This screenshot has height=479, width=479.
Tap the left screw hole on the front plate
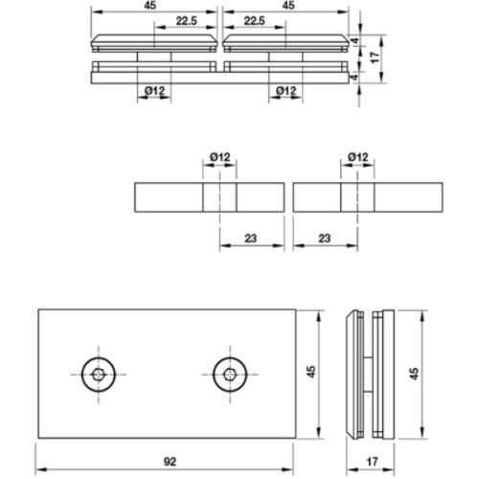point(96,372)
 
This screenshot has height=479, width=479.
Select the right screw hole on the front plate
point(228,372)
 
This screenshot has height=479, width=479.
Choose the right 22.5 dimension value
point(255,21)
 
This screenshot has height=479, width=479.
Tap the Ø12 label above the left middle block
point(218,157)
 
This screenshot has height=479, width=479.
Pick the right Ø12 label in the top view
point(285,91)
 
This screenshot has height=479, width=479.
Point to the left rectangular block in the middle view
point(210,198)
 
